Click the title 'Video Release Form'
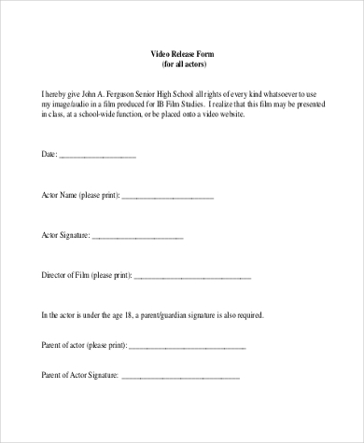pyautogui.click(x=181, y=55)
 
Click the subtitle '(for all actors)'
pyautogui.click(x=181, y=65)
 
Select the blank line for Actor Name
pyautogui.click(x=168, y=198)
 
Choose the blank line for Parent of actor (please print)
pyautogui.click(x=187, y=347)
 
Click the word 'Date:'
pyautogui.click(x=50, y=154)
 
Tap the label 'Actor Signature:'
pyautogui.click(x=66, y=236)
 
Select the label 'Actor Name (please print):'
pyautogui.click(x=81, y=197)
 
